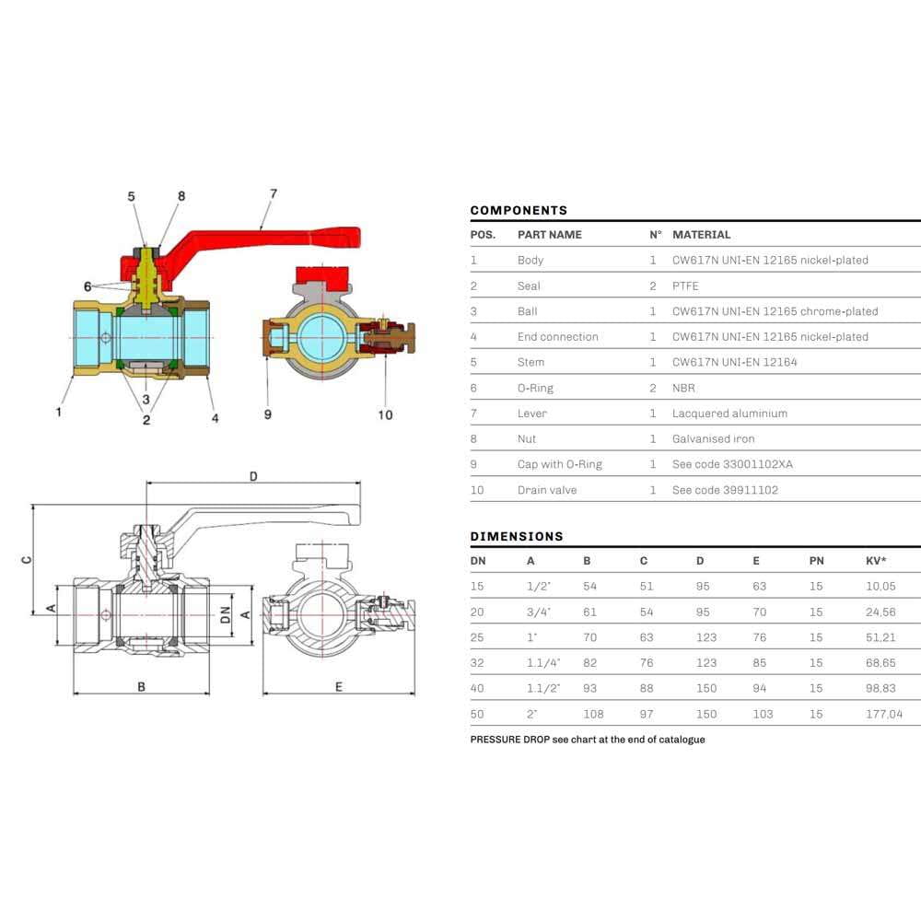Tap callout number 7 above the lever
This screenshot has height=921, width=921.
coord(274,193)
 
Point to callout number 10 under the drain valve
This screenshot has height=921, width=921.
coord(385,414)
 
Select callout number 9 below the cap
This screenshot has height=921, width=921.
coord(268,414)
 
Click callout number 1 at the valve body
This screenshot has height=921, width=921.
coord(59,412)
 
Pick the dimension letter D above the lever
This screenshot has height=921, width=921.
coord(253,476)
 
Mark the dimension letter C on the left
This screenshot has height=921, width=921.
coord(27,558)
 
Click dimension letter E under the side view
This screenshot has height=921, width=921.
coord(339,686)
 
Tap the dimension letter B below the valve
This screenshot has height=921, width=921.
coord(141,686)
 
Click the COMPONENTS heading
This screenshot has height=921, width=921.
coord(519,210)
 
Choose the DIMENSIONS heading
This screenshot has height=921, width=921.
coord(517,536)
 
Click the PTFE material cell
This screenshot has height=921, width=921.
coord(686,286)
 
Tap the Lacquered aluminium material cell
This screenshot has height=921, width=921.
coord(729,414)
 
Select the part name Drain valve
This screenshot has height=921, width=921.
coord(547,490)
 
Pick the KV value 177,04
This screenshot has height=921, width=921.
coord(884,714)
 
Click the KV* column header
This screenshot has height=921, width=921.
coord(877,560)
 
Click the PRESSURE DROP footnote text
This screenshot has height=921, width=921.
coord(588,740)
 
